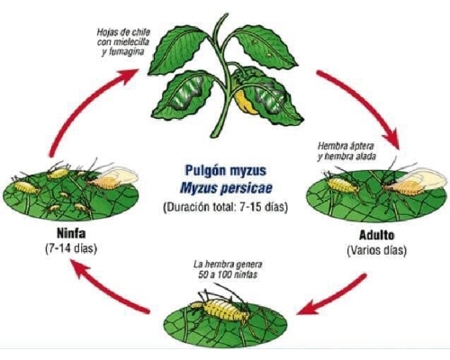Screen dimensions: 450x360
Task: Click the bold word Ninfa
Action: click(71, 233)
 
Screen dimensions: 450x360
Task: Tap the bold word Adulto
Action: click(376, 235)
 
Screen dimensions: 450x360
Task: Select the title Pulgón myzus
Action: click(226, 171)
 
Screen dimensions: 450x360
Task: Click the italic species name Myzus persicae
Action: click(226, 188)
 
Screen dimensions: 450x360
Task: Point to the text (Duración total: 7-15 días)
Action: click(225, 207)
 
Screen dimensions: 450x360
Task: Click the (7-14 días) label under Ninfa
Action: click(71, 248)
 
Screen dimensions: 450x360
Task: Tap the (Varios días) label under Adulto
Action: click(376, 250)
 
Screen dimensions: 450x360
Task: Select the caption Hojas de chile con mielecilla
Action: click(123, 37)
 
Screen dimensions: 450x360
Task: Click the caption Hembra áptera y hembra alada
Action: click(346, 151)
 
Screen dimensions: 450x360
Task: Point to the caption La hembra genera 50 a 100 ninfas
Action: click(228, 269)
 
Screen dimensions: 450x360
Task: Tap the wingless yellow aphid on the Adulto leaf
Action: click(342, 185)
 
